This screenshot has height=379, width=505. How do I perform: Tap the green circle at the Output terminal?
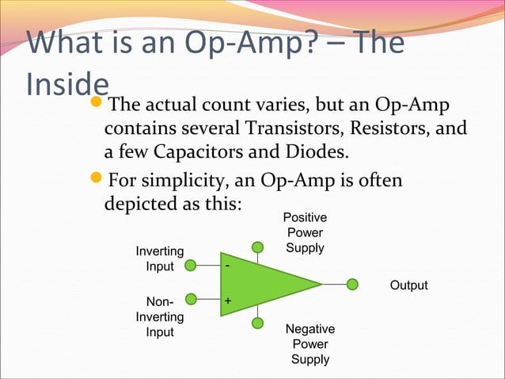[x=353, y=284]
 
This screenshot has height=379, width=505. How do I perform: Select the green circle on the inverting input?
[x=190, y=266]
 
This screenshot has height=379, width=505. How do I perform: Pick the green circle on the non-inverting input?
[x=190, y=300]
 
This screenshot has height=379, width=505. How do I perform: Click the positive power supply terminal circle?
[x=257, y=247]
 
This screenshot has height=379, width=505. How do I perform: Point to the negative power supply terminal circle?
[x=257, y=323]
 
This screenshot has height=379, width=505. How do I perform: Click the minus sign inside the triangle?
[x=228, y=266]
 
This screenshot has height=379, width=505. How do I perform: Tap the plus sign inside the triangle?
[x=228, y=301]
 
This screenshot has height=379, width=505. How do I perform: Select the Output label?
[x=408, y=285]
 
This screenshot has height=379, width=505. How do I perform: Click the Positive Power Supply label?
[x=305, y=232]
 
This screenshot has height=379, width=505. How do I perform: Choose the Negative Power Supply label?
[x=310, y=344]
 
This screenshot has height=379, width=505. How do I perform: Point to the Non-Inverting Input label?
[x=160, y=316]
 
